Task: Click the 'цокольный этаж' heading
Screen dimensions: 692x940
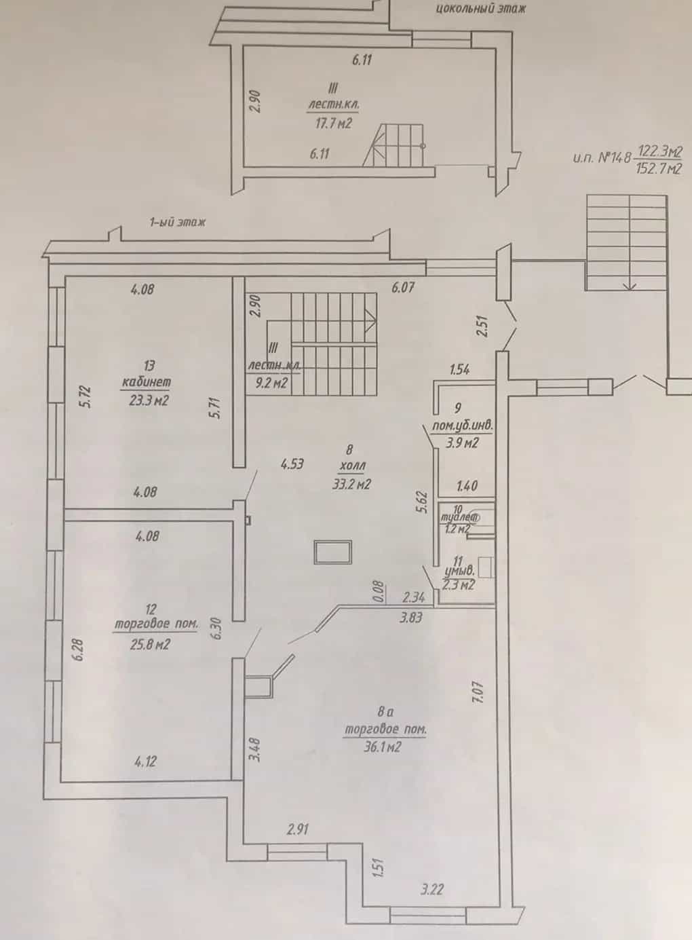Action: pyautogui.click(x=480, y=9)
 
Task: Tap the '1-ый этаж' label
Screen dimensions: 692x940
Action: pyautogui.click(x=178, y=222)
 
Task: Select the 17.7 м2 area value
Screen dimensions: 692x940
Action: pyautogui.click(x=333, y=124)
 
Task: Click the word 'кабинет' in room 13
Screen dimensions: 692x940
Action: pyautogui.click(x=147, y=382)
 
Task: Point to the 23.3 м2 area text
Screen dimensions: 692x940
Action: pyautogui.click(x=149, y=400)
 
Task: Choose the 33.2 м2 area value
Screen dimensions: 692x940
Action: pyautogui.click(x=351, y=485)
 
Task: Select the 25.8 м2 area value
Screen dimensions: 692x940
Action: pyautogui.click(x=150, y=644)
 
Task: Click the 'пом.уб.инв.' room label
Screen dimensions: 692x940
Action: pyautogui.click(x=463, y=426)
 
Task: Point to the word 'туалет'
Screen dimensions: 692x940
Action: pyautogui.click(x=459, y=519)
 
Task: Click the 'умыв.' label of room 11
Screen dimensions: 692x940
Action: pyautogui.click(x=460, y=571)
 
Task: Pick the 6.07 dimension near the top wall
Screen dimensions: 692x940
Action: pyautogui.click(x=403, y=288)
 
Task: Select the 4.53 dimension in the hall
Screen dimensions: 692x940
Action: pyautogui.click(x=292, y=464)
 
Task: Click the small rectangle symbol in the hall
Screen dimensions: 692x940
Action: pyautogui.click(x=333, y=552)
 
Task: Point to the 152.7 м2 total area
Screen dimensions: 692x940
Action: pyautogui.click(x=659, y=169)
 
